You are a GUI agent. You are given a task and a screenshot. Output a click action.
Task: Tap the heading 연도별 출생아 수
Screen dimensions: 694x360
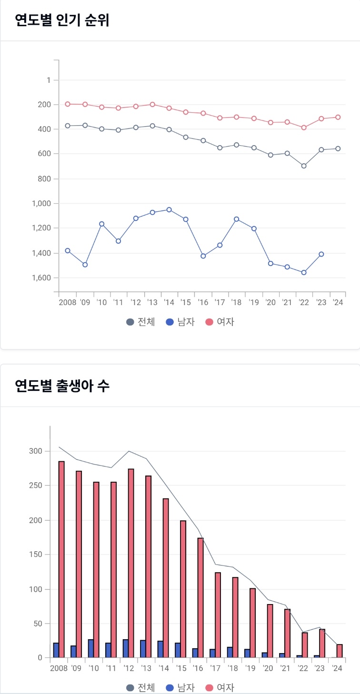[x=62, y=386]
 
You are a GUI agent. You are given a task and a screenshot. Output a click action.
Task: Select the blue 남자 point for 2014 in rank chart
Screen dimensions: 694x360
[x=169, y=209]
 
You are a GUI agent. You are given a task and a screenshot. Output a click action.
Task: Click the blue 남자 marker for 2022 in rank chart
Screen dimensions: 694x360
[x=304, y=272]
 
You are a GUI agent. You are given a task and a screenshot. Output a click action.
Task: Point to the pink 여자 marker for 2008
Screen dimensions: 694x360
[x=68, y=104]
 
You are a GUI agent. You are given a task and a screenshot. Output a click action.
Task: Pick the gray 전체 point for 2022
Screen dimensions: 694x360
[x=304, y=166]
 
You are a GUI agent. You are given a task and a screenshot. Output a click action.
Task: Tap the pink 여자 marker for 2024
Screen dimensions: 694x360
[x=338, y=117]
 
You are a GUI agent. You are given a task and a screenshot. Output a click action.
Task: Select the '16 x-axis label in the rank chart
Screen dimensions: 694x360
[x=203, y=302]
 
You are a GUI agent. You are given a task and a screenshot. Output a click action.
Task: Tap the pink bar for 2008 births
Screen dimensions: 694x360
[x=61, y=559]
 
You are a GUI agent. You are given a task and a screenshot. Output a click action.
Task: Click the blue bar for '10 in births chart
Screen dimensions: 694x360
[x=90, y=648]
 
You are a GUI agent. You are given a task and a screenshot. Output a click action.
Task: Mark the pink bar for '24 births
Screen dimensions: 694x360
[x=340, y=651]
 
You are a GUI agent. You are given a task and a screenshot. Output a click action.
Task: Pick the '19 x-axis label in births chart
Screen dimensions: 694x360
[x=250, y=668]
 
